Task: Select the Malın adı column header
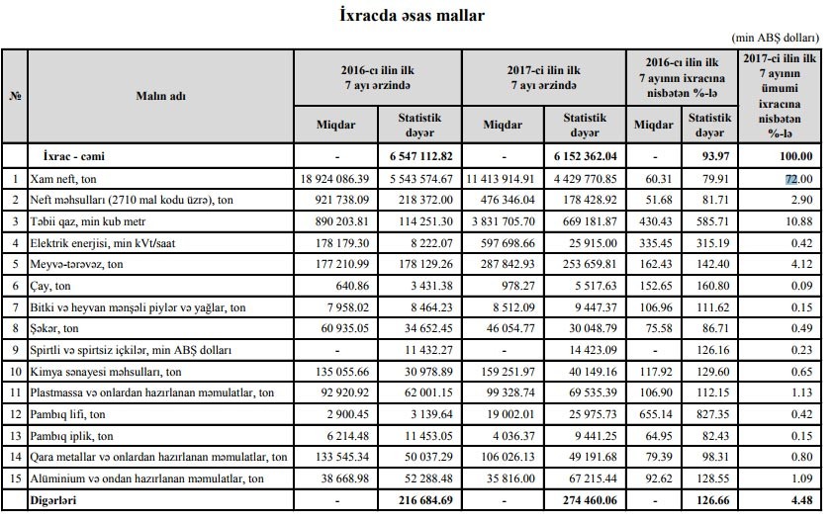point(161,96)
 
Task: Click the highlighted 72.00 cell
point(790,179)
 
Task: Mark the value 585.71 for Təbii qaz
point(710,222)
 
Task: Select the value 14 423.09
point(587,349)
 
